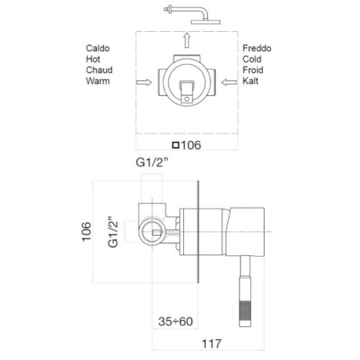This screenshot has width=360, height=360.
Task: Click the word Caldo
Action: click(x=99, y=49)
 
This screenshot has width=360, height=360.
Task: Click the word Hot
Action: click(x=94, y=59)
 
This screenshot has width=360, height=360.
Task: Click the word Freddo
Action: click(x=258, y=49)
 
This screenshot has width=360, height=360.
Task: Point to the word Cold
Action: click(x=254, y=59)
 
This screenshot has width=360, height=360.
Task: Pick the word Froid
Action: click(x=254, y=70)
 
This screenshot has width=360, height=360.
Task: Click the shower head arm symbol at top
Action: click(x=185, y=12)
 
